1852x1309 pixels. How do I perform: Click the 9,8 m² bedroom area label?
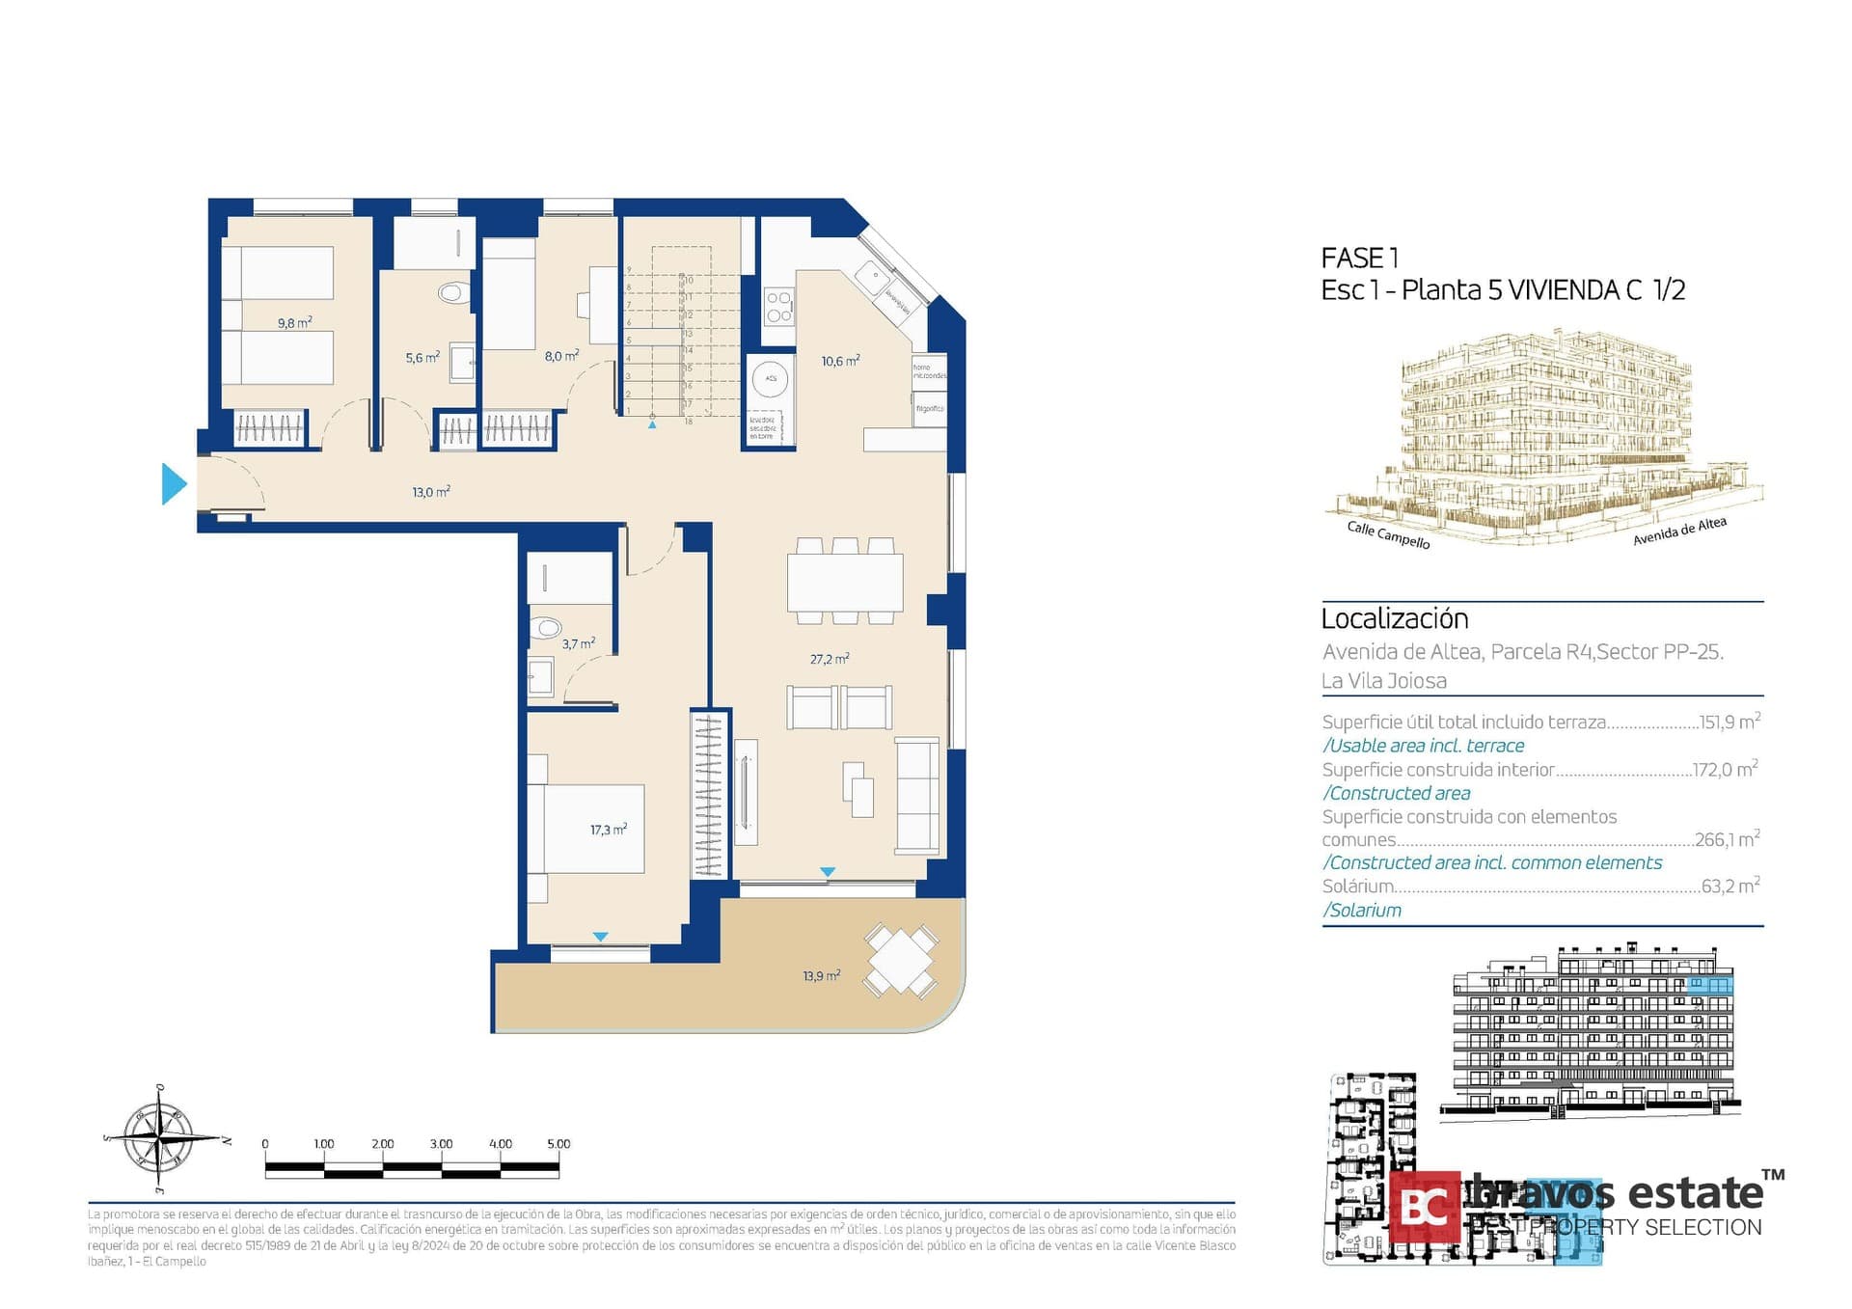tap(294, 323)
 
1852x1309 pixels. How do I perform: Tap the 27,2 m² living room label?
tap(829, 660)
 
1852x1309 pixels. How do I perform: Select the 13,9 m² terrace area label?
tap(821, 976)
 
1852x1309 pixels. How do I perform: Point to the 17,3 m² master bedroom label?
tap(609, 830)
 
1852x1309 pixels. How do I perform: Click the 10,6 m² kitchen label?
tap(840, 362)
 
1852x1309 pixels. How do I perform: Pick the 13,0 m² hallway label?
tap(431, 492)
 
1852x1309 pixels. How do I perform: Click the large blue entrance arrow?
tap(174, 484)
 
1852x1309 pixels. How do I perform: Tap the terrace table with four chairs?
tap(900, 960)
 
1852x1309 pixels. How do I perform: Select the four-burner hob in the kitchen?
tap(779, 307)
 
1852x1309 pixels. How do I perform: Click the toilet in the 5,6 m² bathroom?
tap(450, 291)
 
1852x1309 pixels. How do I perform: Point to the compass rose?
tap(160, 1139)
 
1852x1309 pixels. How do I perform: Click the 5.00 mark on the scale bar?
tap(558, 1144)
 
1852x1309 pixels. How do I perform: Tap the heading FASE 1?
tap(1359, 259)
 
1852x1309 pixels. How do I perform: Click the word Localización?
tap(1394, 618)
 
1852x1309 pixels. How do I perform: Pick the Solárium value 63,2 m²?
tap(1730, 886)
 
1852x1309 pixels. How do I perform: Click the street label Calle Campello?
tap(1388, 535)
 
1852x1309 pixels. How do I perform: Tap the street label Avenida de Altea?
tap(1679, 532)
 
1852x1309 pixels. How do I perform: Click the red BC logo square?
tap(1425, 1206)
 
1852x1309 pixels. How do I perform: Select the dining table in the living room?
tap(845, 583)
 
